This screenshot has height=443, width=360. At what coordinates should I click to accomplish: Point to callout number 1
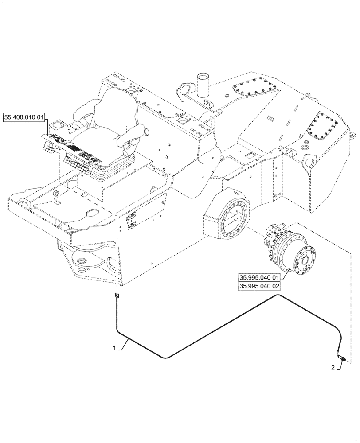[x=114, y=348]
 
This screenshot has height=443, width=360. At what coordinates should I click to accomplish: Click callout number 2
[x=333, y=367]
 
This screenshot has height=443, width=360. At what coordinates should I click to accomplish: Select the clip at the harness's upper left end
[x=117, y=295]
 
